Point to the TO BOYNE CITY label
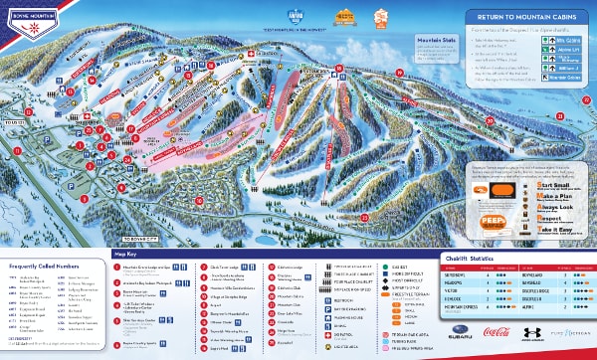coord(140,212)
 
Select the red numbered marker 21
coord(559,117)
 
